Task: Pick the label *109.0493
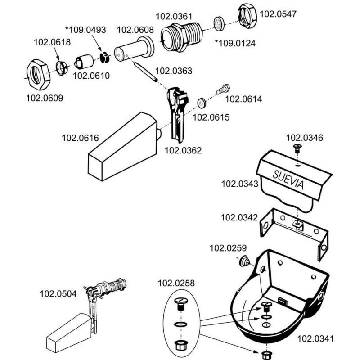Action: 85,30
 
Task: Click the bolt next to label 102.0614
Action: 223,89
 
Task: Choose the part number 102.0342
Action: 239,218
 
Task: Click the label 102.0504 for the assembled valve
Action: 58,293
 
